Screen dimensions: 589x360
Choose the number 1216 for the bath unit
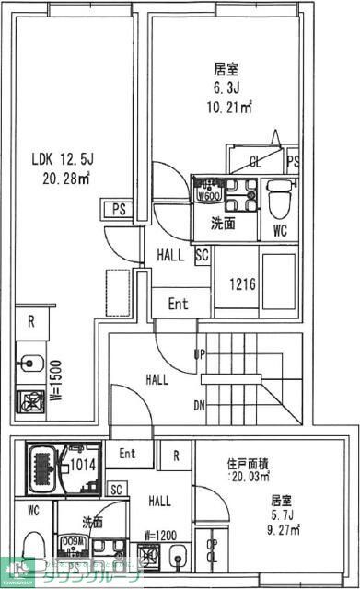click(x=243, y=283)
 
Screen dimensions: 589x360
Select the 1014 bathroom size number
click(x=84, y=465)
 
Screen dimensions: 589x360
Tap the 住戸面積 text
click(x=249, y=463)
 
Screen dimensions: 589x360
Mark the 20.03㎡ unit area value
click(x=249, y=477)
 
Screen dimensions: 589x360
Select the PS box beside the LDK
click(x=119, y=209)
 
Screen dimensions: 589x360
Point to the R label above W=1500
click(x=30, y=321)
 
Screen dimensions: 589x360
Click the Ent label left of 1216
click(x=177, y=303)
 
